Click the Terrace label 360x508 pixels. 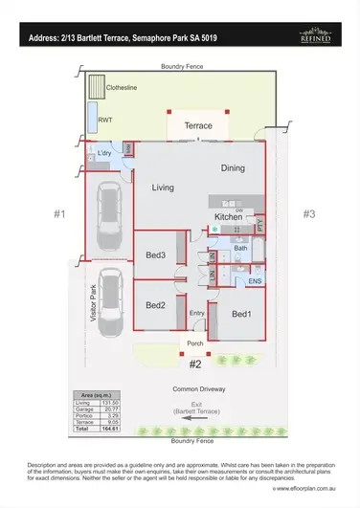click(x=197, y=125)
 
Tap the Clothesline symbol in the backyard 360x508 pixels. click(x=96, y=89)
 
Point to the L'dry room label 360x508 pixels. click(x=106, y=154)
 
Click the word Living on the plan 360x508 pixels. click(x=163, y=188)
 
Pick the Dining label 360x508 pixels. click(x=233, y=168)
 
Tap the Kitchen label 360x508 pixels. click(x=229, y=218)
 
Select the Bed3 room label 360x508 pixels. click(x=155, y=254)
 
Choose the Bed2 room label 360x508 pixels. click(x=155, y=304)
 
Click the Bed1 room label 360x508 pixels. click(x=240, y=313)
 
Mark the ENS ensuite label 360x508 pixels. click(x=255, y=281)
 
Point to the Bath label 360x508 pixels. click(x=240, y=249)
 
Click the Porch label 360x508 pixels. click(x=195, y=345)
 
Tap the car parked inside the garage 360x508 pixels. click(x=108, y=216)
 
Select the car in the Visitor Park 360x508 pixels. click(x=110, y=298)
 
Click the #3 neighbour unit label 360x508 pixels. click(x=308, y=214)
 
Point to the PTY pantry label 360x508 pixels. click(x=259, y=226)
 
